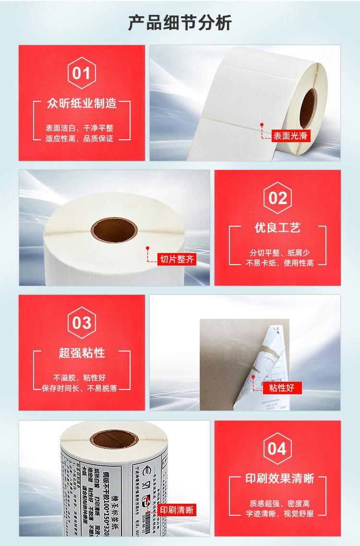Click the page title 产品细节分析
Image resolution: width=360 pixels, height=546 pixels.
pyautogui.click(x=180, y=23)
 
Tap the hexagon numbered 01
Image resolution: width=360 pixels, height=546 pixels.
pyautogui.click(x=82, y=73)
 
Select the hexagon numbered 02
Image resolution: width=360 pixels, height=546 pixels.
pyautogui.click(x=277, y=198)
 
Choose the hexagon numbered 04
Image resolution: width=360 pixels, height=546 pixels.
pyautogui.click(x=277, y=449)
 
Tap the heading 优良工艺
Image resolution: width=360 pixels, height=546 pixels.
pyautogui.click(x=277, y=227)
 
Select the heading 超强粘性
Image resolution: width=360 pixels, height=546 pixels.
pyautogui.click(x=82, y=353)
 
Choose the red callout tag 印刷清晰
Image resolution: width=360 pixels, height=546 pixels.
pyautogui.click(x=177, y=510)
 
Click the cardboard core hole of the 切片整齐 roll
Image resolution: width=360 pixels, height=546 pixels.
pyautogui.click(x=113, y=230)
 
